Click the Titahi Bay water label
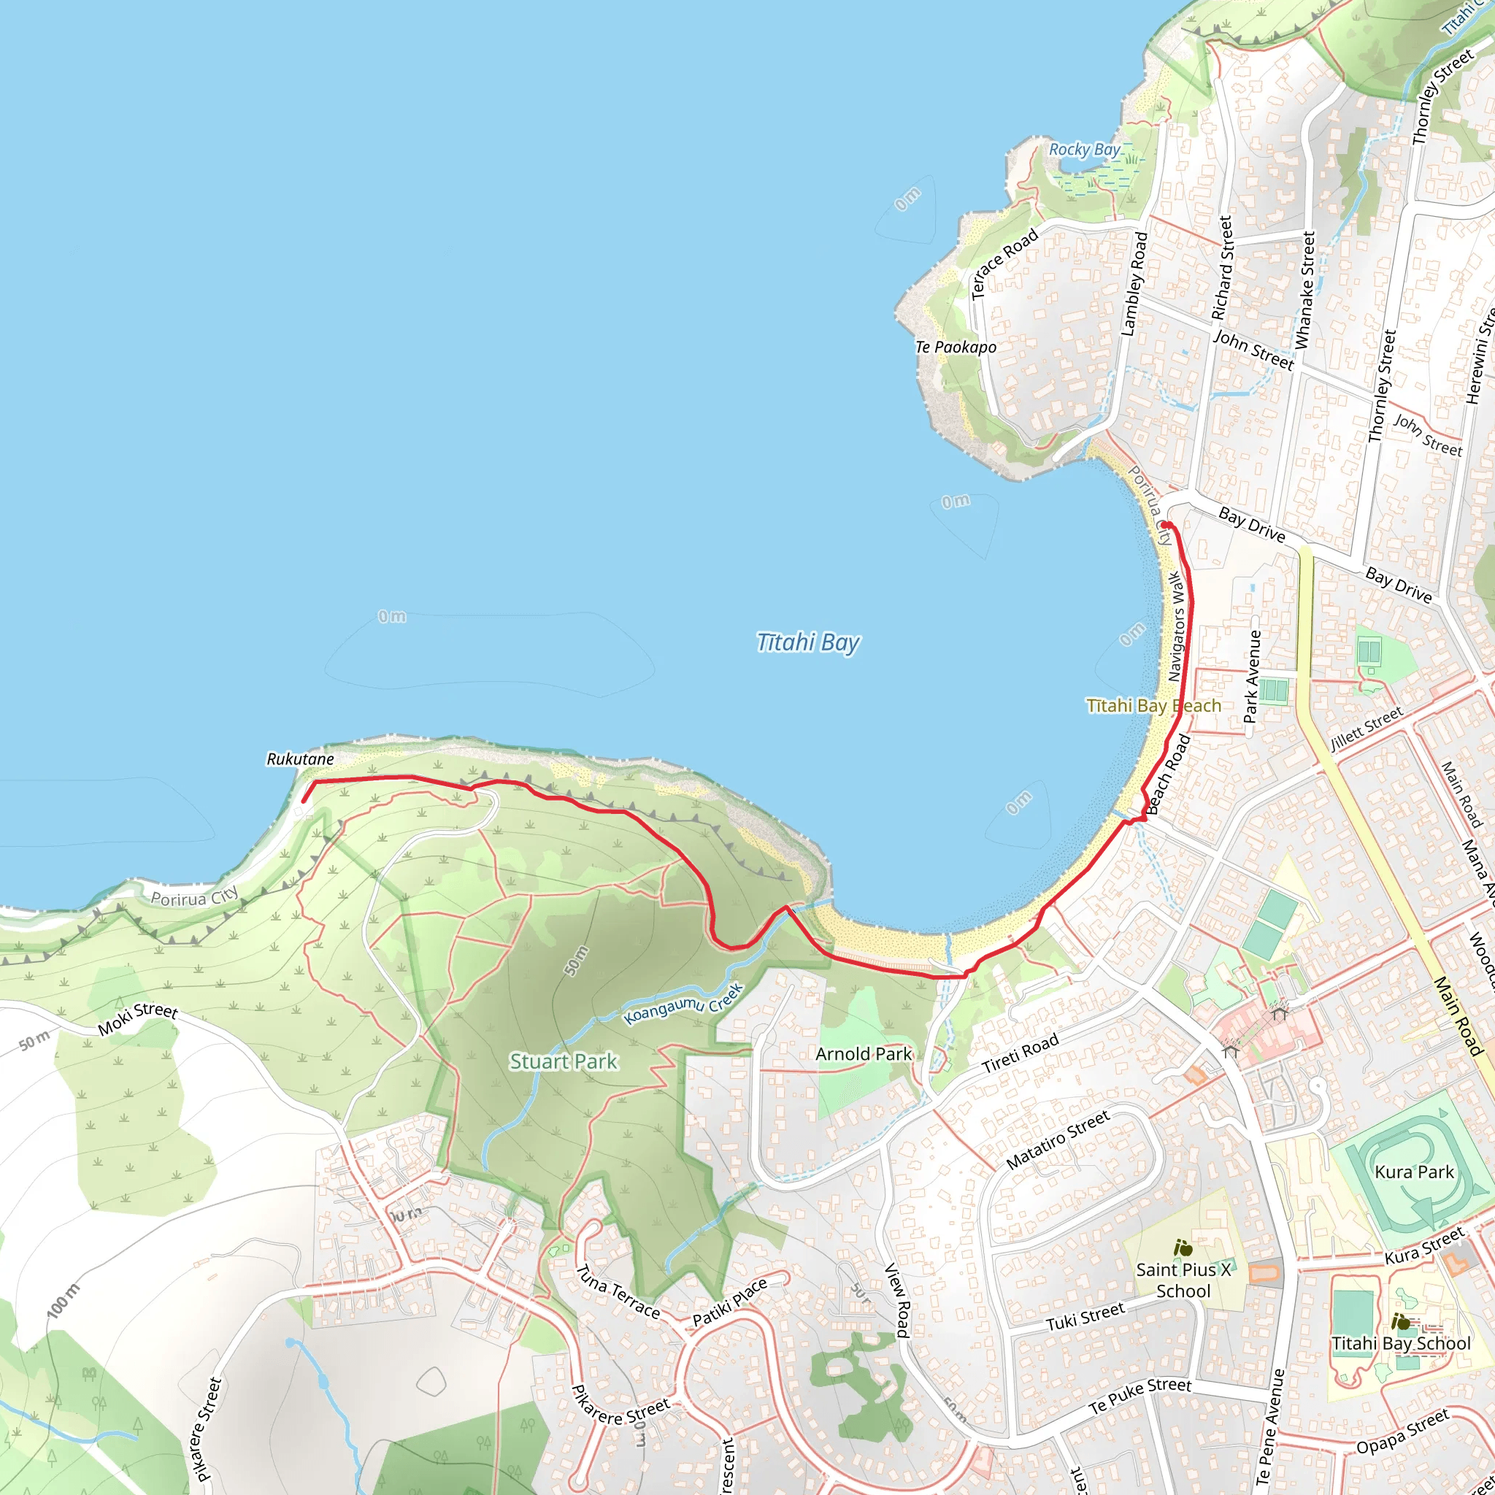coord(807,643)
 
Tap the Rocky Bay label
coord(1084,150)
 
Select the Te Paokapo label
coord(956,347)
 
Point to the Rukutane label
coord(300,759)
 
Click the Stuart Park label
coord(564,1061)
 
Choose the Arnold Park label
coord(864,1054)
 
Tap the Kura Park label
coord(1415,1172)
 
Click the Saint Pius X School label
coord(1183,1280)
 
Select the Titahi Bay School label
coord(1401,1344)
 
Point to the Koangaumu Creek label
coord(683,1004)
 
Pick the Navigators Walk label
coord(1176,627)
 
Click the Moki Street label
coord(138,1020)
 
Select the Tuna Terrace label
coord(618,1291)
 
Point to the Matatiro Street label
coord(1058,1139)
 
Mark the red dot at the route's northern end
coord(1164,526)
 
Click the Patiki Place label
coord(730,1302)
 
